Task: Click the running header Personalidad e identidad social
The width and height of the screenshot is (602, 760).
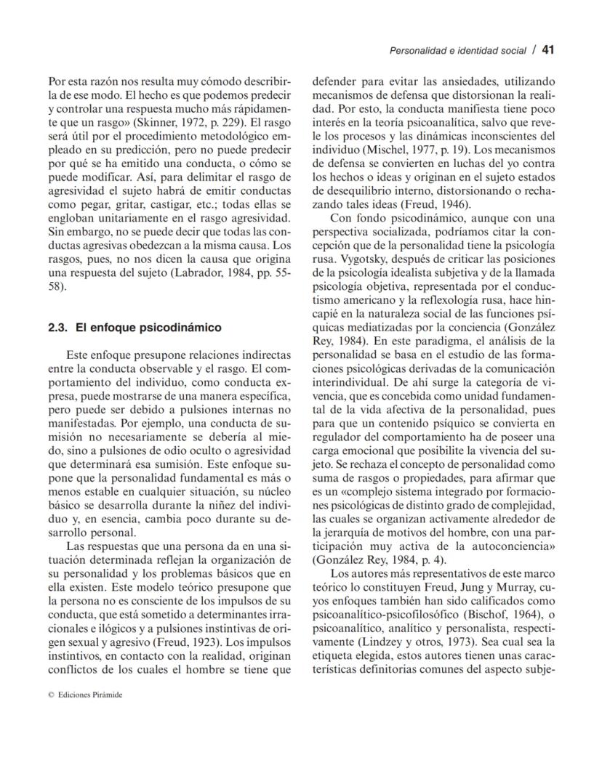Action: click(457, 51)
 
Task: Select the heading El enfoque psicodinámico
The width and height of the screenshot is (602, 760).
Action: click(148, 328)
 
